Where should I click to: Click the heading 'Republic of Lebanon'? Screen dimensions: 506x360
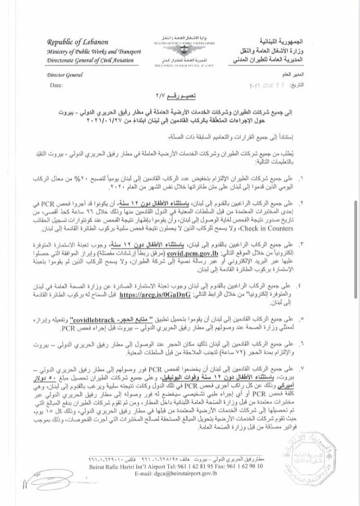tap(78, 42)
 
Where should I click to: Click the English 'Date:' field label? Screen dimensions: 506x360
tap(56, 86)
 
